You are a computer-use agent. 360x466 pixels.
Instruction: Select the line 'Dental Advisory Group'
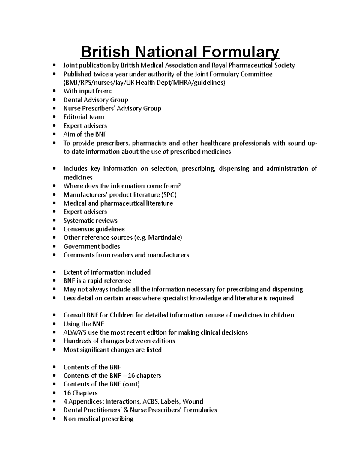96,100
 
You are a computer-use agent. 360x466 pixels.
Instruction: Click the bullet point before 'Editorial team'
54,117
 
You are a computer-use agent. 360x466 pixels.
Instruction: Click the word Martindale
167,238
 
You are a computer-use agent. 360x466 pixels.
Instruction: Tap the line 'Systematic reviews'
90,221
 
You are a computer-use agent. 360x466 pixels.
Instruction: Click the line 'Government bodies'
91,246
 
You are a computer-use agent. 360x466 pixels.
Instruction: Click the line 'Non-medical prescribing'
98,419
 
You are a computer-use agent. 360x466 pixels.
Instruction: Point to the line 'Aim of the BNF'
85,134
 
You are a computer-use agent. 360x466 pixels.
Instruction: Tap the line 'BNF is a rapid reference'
97,281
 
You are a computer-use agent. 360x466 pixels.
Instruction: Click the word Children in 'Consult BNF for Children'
122,315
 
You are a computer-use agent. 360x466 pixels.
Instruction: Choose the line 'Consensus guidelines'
94,229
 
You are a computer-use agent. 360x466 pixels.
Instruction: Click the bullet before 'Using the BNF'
54,324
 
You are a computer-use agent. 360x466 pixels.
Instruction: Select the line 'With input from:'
87,91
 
